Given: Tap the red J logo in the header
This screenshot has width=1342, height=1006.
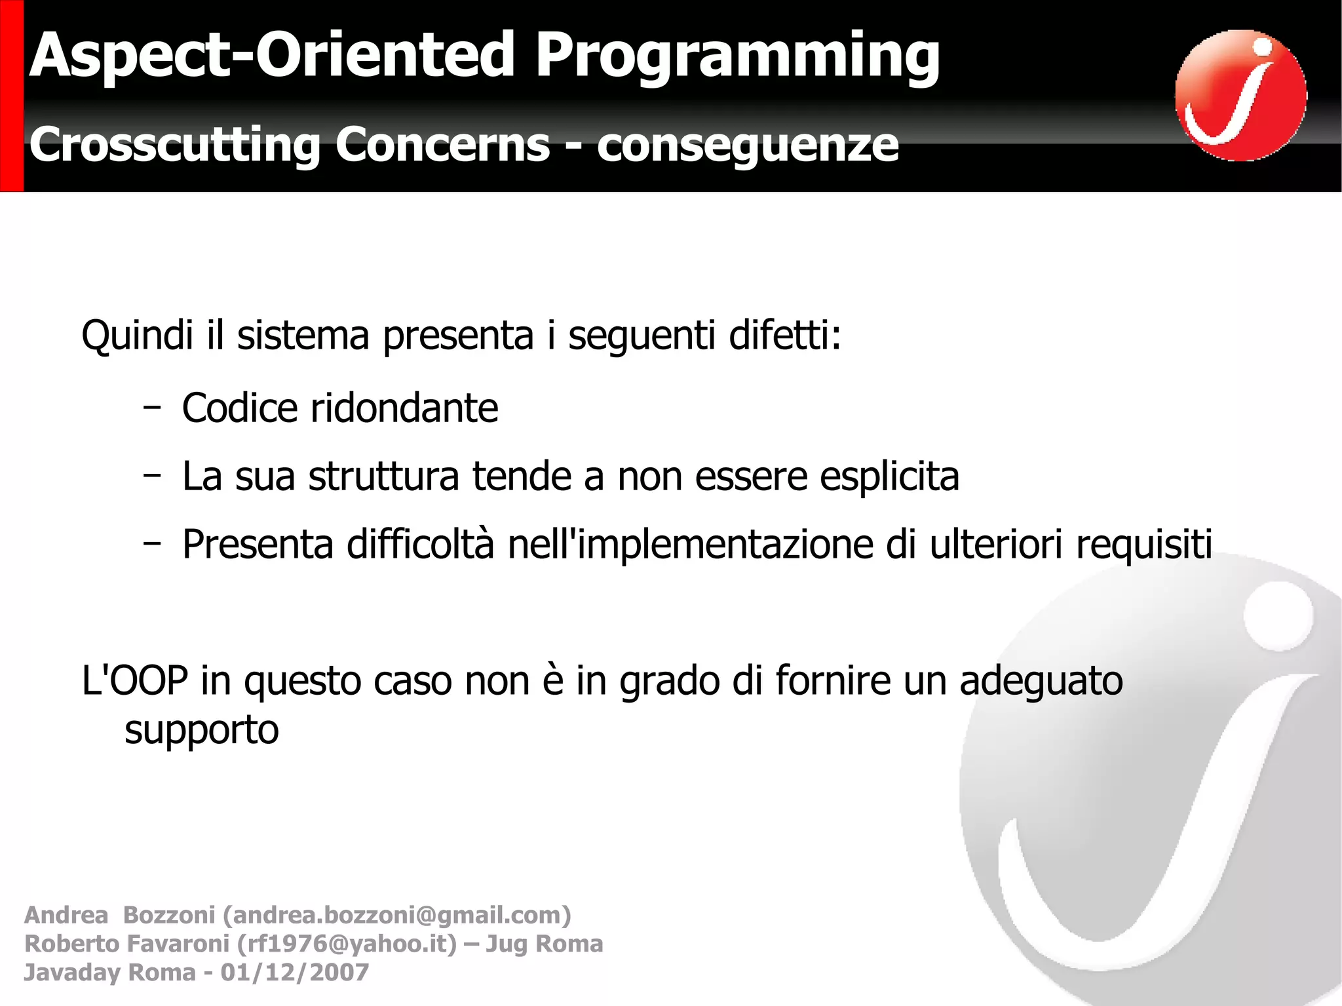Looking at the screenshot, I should pos(1240,96).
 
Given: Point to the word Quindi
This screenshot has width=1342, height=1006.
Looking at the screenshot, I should pos(137,336).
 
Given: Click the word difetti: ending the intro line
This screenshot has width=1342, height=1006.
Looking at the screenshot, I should pos(784,336).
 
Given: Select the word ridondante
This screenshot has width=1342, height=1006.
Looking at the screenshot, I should pos(404,408).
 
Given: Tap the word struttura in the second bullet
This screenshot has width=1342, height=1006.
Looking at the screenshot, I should pos(383,476).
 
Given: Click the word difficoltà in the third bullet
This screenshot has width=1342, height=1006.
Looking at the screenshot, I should pos(420,545).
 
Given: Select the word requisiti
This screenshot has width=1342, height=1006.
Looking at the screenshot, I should pos(1143,545).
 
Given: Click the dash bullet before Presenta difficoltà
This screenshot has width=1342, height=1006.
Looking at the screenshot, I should pos(152,543).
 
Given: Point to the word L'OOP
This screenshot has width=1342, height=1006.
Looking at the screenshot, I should pos(135,681).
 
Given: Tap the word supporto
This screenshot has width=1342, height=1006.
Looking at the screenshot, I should pos(201,730).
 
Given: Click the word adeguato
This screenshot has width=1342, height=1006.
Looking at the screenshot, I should pos(1041,681).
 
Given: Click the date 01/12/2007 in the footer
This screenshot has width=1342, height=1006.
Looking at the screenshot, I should pos(295,972).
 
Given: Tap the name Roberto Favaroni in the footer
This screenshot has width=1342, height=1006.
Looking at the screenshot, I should pos(126,944).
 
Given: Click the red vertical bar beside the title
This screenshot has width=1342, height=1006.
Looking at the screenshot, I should pos(12,96).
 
